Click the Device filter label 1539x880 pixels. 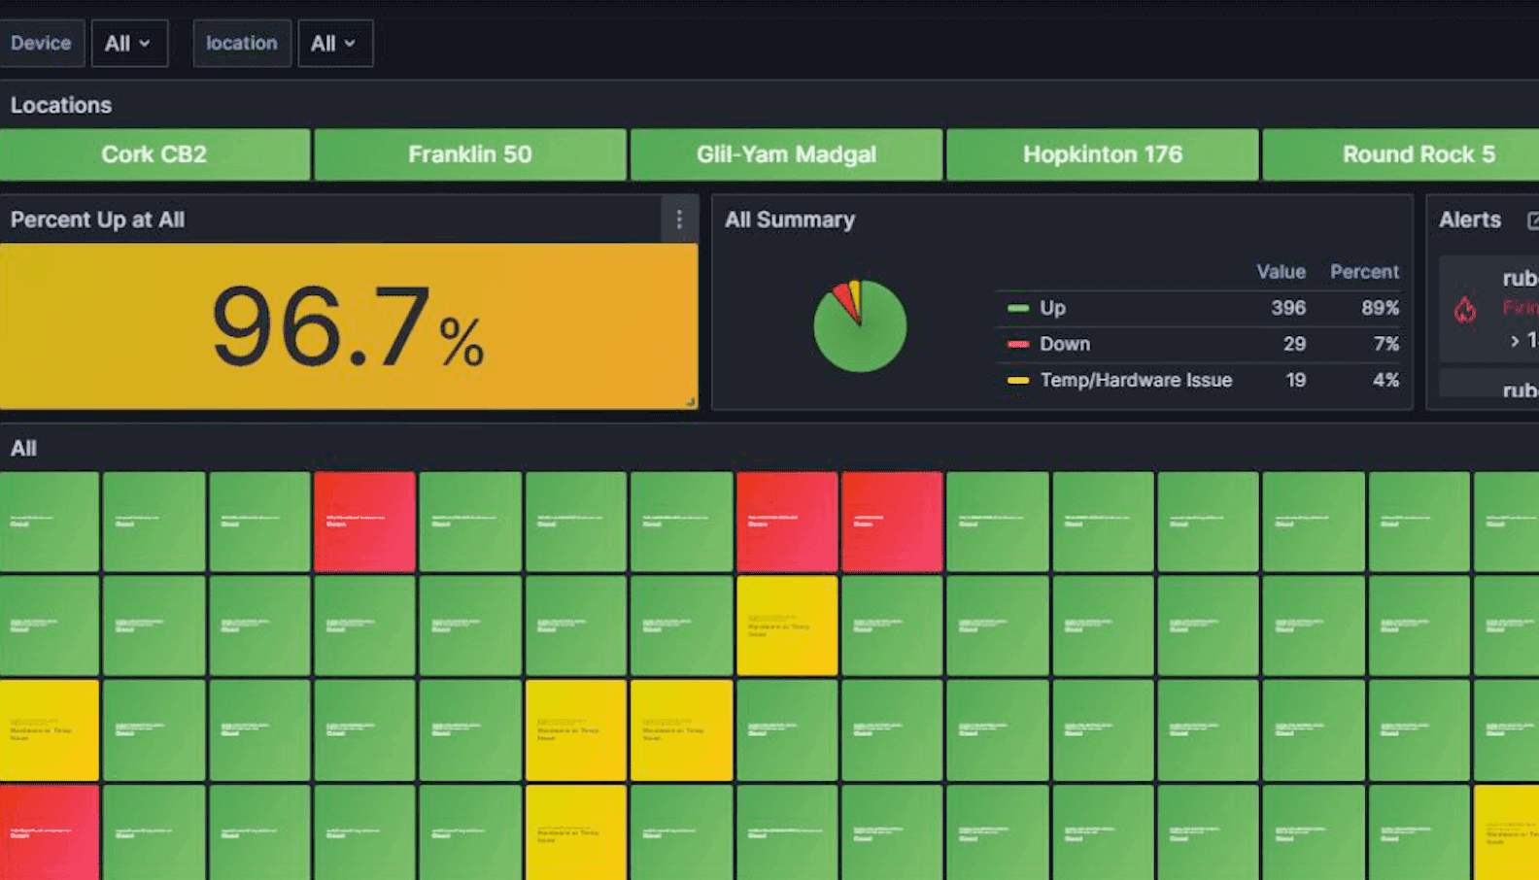click(41, 44)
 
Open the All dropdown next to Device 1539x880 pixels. click(128, 44)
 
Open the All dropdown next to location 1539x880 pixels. click(334, 44)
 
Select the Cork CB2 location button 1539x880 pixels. click(154, 154)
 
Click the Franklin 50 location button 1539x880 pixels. click(469, 154)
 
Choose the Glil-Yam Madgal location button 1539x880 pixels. click(786, 154)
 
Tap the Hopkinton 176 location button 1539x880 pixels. click(1102, 154)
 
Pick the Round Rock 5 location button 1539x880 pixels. click(1418, 154)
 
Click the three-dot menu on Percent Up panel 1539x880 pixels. click(679, 220)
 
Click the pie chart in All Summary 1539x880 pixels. click(860, 326)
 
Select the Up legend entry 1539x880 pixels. click(1052, 308)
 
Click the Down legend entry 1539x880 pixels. click(1064, 344)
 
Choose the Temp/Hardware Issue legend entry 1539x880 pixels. click(1135, 380)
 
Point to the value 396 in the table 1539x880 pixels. click(1287, 308)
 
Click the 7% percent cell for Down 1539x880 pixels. click(1385, 344)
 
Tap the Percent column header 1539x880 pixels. click(1364, 272)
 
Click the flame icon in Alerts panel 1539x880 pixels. click(1465, 310)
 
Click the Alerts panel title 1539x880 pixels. click(1469, 220)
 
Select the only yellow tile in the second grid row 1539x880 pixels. click(786, 626)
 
